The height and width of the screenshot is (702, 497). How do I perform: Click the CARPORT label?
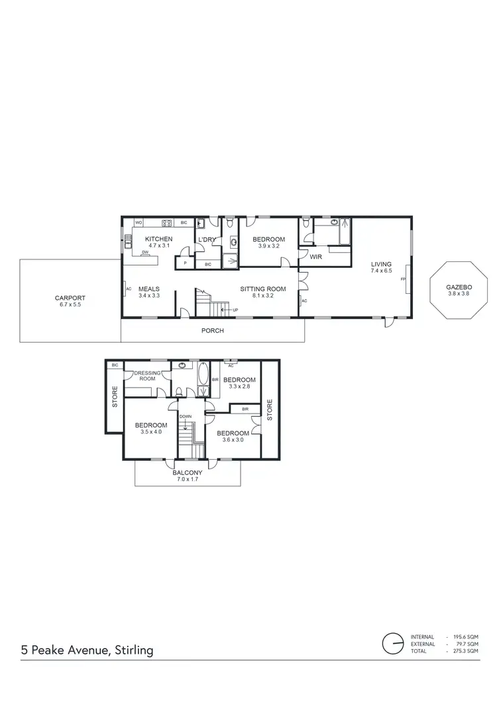click(70, 298)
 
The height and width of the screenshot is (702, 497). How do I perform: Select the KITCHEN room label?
click(159, 239)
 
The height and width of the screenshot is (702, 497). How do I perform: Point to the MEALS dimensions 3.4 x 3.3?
click(150, 296)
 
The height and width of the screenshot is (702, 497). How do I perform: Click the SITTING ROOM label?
click(263, 288)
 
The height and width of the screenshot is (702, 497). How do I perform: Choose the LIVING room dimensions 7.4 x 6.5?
click(381, 271)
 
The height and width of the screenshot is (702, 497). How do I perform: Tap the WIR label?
click(315, 256)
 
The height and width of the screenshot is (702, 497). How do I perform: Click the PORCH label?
click(213, 330)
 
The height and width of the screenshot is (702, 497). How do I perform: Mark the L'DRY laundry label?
click(205, 239)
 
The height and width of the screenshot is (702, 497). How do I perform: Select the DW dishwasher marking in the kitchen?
click(144, 252)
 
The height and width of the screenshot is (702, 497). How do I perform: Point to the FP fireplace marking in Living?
click(402, 280)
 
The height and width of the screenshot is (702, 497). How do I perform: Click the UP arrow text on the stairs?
click(235, 309)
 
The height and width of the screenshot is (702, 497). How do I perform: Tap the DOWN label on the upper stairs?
click(186, 417)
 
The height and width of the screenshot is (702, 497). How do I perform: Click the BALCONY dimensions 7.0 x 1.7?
click(188, 480)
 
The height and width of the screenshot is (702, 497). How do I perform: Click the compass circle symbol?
click(392, 643)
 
